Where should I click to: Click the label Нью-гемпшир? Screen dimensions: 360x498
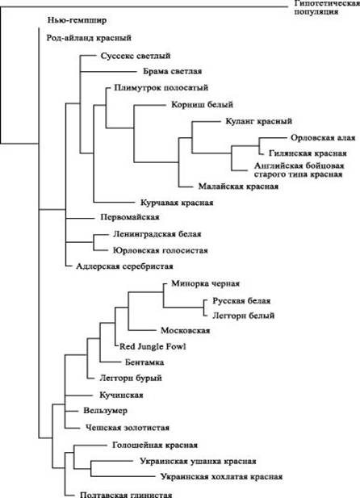point(77,20)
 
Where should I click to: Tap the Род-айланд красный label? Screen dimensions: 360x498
point(89,38)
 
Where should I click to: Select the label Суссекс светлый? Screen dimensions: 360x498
point(136,56)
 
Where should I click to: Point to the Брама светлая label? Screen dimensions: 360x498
point(173,71)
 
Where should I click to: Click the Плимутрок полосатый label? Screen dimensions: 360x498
point(161,88)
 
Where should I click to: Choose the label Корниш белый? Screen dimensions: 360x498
point(203,104)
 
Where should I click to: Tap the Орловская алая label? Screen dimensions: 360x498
point(323,138)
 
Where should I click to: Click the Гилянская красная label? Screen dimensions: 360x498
point(308,153)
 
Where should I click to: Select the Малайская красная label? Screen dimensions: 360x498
point(239,186)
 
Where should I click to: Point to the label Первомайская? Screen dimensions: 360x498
point(130,217)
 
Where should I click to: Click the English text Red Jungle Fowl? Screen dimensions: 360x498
point(153,346)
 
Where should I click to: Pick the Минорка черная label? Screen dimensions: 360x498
point(206,283)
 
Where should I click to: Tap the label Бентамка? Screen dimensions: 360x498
point(144,362)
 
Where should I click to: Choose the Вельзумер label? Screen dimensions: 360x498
point(105,410)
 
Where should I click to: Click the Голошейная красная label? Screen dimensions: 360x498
point(155,445)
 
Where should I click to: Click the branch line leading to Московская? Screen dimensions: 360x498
point(142,330)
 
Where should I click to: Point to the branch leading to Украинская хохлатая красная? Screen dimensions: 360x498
point(123,476)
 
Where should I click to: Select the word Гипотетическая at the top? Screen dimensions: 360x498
point(327,3)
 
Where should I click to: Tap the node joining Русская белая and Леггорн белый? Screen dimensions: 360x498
point(203,308)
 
